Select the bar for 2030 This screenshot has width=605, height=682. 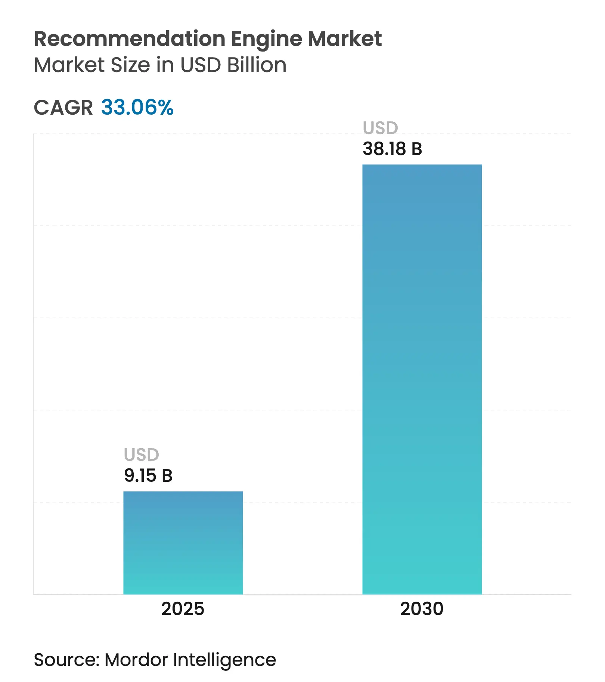click(422, 379)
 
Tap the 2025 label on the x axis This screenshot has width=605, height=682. click(183, 609)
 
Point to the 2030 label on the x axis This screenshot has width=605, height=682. click(422, 609)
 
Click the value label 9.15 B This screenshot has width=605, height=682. click(148, 475)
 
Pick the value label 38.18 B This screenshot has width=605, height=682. click(392, 149)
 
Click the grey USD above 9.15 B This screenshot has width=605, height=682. click(142, 455)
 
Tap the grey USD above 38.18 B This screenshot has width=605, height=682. click(380, 128)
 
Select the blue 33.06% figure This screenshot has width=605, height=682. click(137, 108)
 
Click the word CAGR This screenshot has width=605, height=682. click(63, 108)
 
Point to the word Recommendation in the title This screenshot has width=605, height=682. click(130, 39)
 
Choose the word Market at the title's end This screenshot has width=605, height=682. click(344, 39)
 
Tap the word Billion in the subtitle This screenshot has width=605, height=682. click(257, 65)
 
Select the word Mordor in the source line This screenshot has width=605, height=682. click(136, 660)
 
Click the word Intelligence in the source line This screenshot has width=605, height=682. click(224, 660)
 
